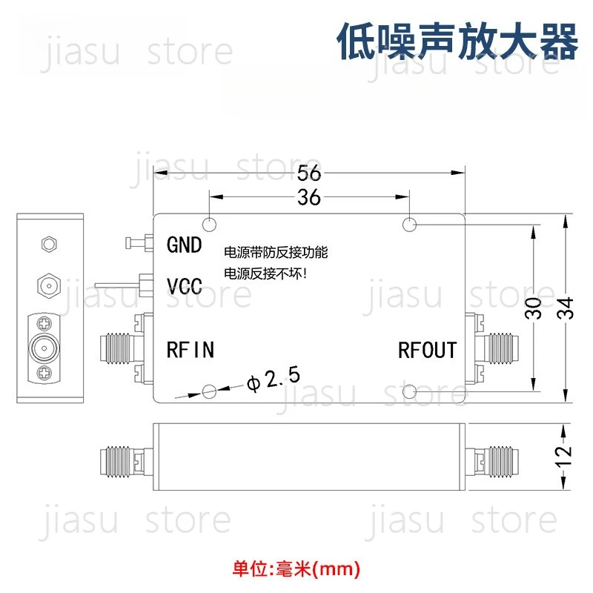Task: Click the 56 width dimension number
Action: (x=309, y=173)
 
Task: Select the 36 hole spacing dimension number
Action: (x=309, y=197)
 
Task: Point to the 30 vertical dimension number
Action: (x=534, y=308)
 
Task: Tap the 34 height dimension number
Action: (x=566, y=308)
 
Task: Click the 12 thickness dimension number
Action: (x=563, y=457)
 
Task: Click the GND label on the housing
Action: (x=184, y=245)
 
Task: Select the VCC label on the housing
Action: (x=185, y=286)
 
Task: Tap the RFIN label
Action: (x=191, y=350)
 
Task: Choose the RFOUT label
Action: (x=428, y=350)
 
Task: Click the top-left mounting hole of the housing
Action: (x=209, y=225)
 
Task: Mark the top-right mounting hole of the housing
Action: (x=409, y=225)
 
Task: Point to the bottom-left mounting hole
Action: (x=209, y=391)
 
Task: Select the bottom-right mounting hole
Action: (x=409, y=391)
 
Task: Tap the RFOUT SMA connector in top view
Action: (x=491, y=348)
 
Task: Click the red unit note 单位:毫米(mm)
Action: (x=296, y=569)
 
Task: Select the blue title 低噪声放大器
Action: (x=457, y=41)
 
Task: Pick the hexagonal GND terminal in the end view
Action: (x=49, y=244)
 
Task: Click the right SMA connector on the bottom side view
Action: (x=491, y=460)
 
